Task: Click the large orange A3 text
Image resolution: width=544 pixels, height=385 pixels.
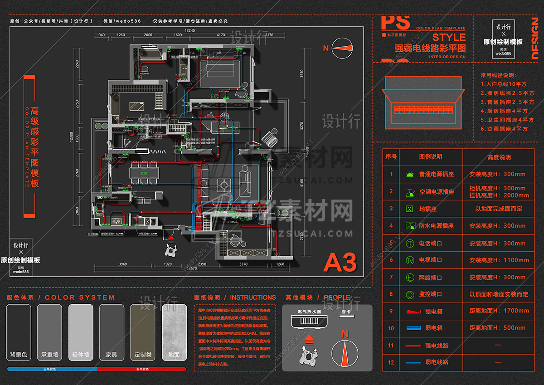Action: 340,262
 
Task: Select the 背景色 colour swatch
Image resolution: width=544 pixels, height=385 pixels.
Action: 19,332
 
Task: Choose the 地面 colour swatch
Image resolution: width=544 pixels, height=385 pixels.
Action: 174,332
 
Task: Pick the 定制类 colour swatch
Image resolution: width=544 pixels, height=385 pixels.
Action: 143,332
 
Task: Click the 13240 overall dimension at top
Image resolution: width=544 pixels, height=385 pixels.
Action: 189,30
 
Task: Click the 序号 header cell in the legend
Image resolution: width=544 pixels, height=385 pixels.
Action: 391,157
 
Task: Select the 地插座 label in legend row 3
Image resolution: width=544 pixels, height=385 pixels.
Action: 428,209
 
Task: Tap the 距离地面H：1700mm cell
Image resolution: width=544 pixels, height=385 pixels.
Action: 498,311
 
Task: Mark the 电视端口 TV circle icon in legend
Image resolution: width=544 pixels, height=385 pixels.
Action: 410,260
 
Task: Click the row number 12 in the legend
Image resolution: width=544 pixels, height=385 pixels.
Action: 391,362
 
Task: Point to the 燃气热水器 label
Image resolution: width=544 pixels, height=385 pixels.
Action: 309,312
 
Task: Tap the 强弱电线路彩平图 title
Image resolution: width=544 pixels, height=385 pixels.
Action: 430,48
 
